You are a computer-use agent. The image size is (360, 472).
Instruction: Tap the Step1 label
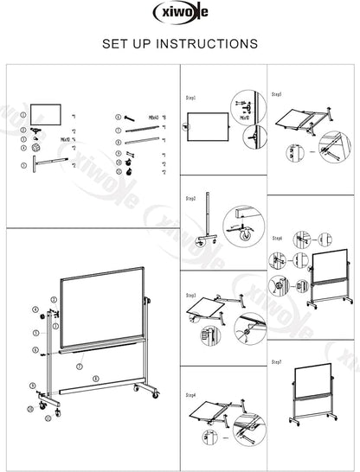[191, 99]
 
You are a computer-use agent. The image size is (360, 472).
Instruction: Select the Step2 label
[191, 198]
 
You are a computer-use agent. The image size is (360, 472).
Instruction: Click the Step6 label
[278, 237]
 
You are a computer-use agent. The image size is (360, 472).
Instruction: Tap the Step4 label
[191, 395]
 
